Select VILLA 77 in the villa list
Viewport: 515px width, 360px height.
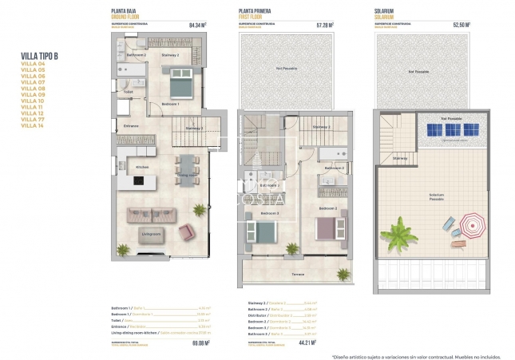33,118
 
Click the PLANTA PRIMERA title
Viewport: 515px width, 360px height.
255,12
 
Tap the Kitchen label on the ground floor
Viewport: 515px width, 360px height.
142,167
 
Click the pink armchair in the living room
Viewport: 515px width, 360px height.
186,231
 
